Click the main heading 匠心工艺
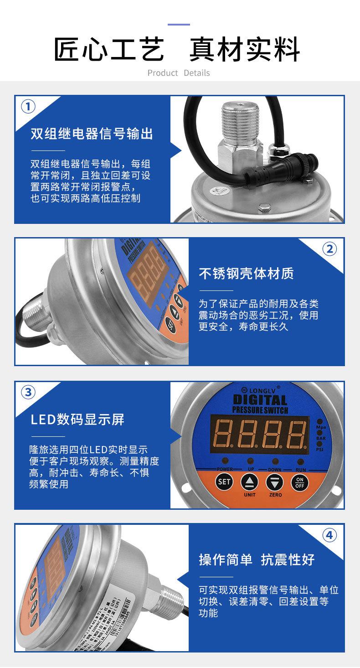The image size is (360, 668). pos(109,50)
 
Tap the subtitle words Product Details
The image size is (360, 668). pos(179,73)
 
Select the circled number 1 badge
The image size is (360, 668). pos(28,107)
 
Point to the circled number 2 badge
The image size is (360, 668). pos(329,249)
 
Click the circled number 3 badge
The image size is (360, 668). pos(28,392)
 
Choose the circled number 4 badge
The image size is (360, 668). pos(329,535)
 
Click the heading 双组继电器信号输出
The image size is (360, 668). pos(92,134)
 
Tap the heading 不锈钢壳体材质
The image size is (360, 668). pos(246,274)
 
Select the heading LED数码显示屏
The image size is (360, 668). pos(77,419)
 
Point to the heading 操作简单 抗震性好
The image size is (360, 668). pos(257,559)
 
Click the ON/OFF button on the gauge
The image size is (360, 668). pos(299,482)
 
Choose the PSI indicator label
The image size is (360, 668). pos(321,449)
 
